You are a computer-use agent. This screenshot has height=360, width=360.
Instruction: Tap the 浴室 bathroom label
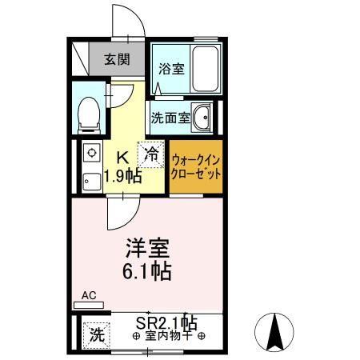click(171, 69)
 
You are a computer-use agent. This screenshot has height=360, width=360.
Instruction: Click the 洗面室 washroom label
click(170, 118)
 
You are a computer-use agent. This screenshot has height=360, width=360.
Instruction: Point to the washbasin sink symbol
click(202, 118)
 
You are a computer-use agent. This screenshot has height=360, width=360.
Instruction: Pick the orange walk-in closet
click(196, 167)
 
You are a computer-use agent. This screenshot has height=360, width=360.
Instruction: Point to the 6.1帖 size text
click(146, 270)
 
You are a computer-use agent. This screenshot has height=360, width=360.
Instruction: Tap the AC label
click(88, 295)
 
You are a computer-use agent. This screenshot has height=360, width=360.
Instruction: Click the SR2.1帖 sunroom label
click(166, 323)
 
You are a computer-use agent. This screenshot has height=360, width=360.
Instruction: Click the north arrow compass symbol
click(274, 330)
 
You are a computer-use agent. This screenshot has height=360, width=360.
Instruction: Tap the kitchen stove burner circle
click(91, 151)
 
